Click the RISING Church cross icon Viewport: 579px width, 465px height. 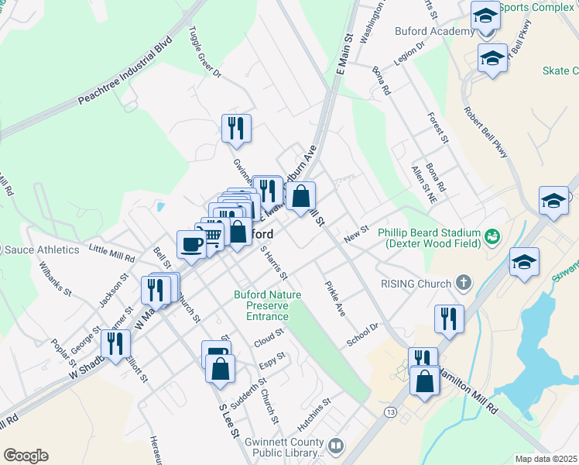point(464,283)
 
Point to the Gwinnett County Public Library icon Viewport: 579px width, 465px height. point(336,446)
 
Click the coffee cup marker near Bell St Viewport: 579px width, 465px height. point(191,245)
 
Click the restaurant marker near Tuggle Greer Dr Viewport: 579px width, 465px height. point(236,128)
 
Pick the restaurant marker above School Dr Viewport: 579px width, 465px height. point(449,318)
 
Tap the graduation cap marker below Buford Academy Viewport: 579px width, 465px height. point(492,59)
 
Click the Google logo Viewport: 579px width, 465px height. point(26,456)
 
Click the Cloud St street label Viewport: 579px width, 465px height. point(269,338)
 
